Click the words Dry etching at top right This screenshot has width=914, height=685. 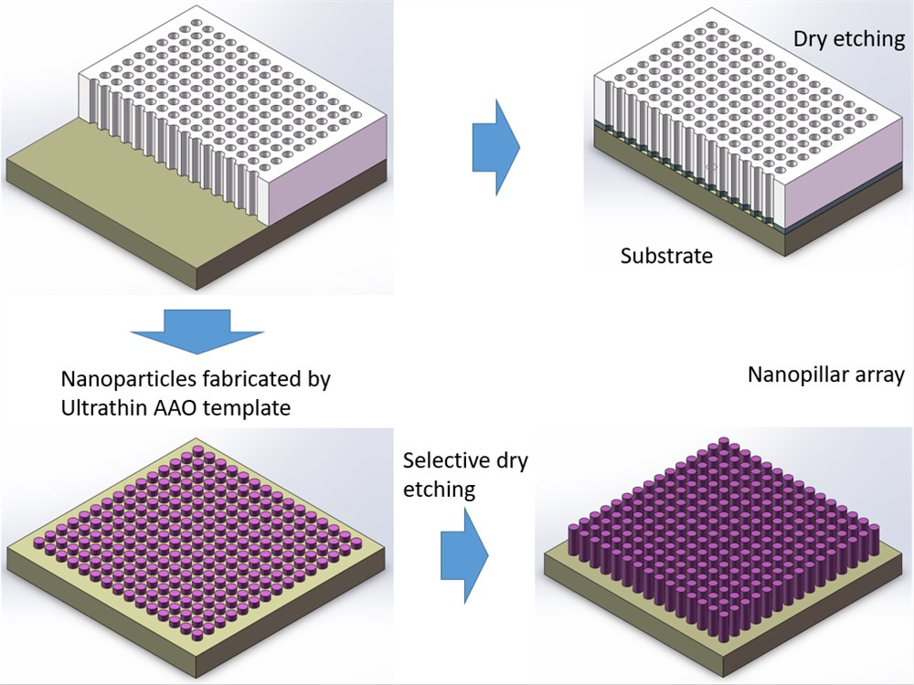tap(848, 39)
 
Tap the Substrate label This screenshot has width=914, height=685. tap(666, 256)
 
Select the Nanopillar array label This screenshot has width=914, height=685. tap(825, 375)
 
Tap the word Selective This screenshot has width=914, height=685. tap(444, 460)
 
